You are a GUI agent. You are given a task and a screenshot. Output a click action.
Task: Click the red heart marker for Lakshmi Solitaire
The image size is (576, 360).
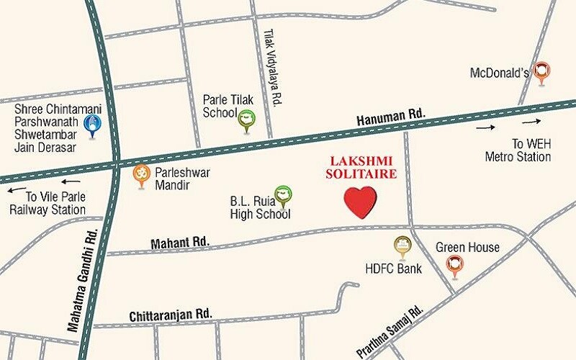pos(360,202)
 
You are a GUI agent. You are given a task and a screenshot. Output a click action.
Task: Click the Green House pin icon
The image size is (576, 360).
pos(454,267)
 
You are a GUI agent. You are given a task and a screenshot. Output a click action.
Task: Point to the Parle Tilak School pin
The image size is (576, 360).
pos(247,120)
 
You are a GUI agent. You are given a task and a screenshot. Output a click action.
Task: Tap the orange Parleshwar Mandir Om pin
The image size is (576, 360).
pos(142,176)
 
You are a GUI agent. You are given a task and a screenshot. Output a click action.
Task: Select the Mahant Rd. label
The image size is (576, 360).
pos(179,244)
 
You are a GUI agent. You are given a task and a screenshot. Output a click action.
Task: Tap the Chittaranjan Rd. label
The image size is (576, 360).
pos(171,315)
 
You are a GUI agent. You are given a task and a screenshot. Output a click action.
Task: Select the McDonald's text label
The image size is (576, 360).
pos(500,73)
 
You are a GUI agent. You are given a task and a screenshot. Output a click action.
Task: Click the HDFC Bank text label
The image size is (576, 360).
pos(393,269)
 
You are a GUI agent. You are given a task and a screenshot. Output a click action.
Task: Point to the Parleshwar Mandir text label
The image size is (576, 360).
pos(179,179)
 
